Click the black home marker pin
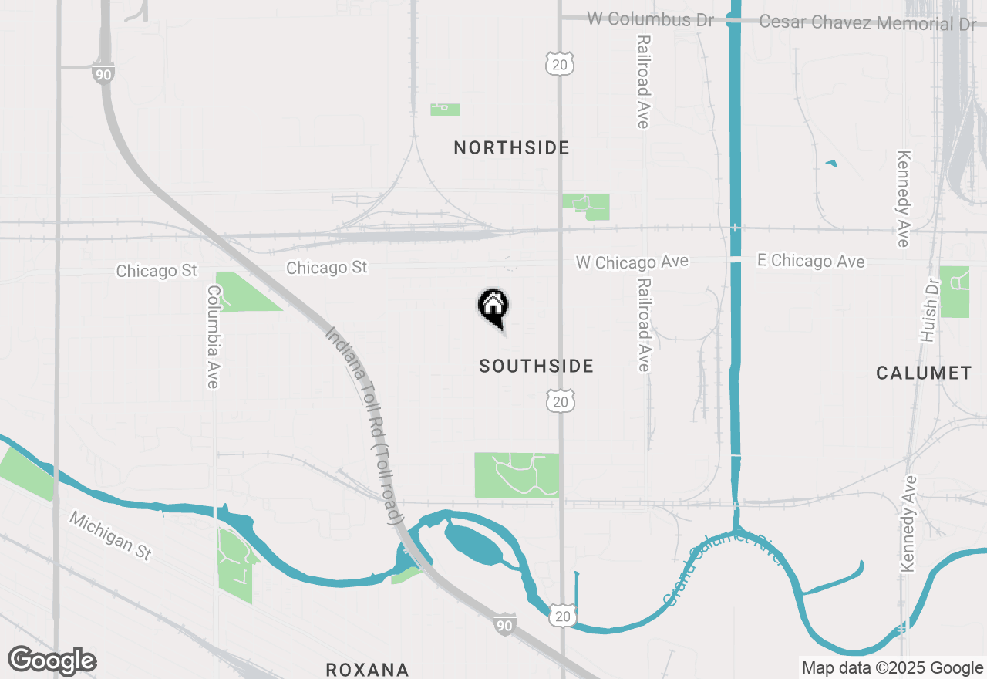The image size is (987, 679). pyautogui.click(x=493, y=307)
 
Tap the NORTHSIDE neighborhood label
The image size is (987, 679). pyautogui.click(x=511, y=147)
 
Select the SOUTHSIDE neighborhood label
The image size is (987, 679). pyautogui.click(x=536, y=366)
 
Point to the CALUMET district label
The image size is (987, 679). pyautogui.click(x=924, y=373)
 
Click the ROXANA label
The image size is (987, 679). pyautogui.click(x=366, y=669)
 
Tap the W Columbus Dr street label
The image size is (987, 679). pyautogui.click(x=650, y=19)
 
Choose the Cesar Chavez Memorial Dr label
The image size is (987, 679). pyautogui.click(x=867, y=22)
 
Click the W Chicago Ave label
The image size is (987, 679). pyautogui.click(x=632, y=262)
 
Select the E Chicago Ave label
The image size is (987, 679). pyautogui.click(x=810, y=262)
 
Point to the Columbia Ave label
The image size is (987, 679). pyautogui.click(x=214, y=337)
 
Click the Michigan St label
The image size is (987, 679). pyautogui.click(x=110, y=535)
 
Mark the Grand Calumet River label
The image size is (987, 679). pyautogui.click(x=722, y=567)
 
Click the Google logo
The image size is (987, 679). pyautogui.click(x=52, y=661)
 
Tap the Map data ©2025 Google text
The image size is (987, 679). pyautogui.click(x=892, y=668)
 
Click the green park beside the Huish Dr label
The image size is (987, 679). pyautogui.click(x=955, y=291)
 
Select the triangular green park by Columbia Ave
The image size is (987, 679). pyautogui.click(x=242, y=292)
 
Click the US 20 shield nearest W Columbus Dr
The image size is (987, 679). pyautogui.click(x=560, y=65)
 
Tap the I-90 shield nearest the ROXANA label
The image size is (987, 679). pyautogui.click(x=504, y=624)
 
